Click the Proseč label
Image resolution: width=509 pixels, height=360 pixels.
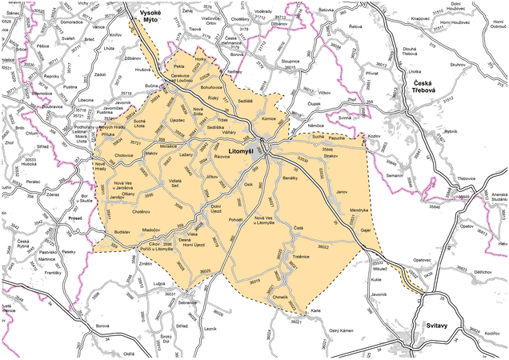click(x=76, y=218)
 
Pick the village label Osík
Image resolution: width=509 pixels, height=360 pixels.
click(x=249, y=185)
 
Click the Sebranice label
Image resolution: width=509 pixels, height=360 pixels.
click(x=187, y=303)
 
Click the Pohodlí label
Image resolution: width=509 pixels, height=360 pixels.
click(x=236, y=218)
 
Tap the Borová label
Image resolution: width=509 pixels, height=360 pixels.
click(x=102, y=326)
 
